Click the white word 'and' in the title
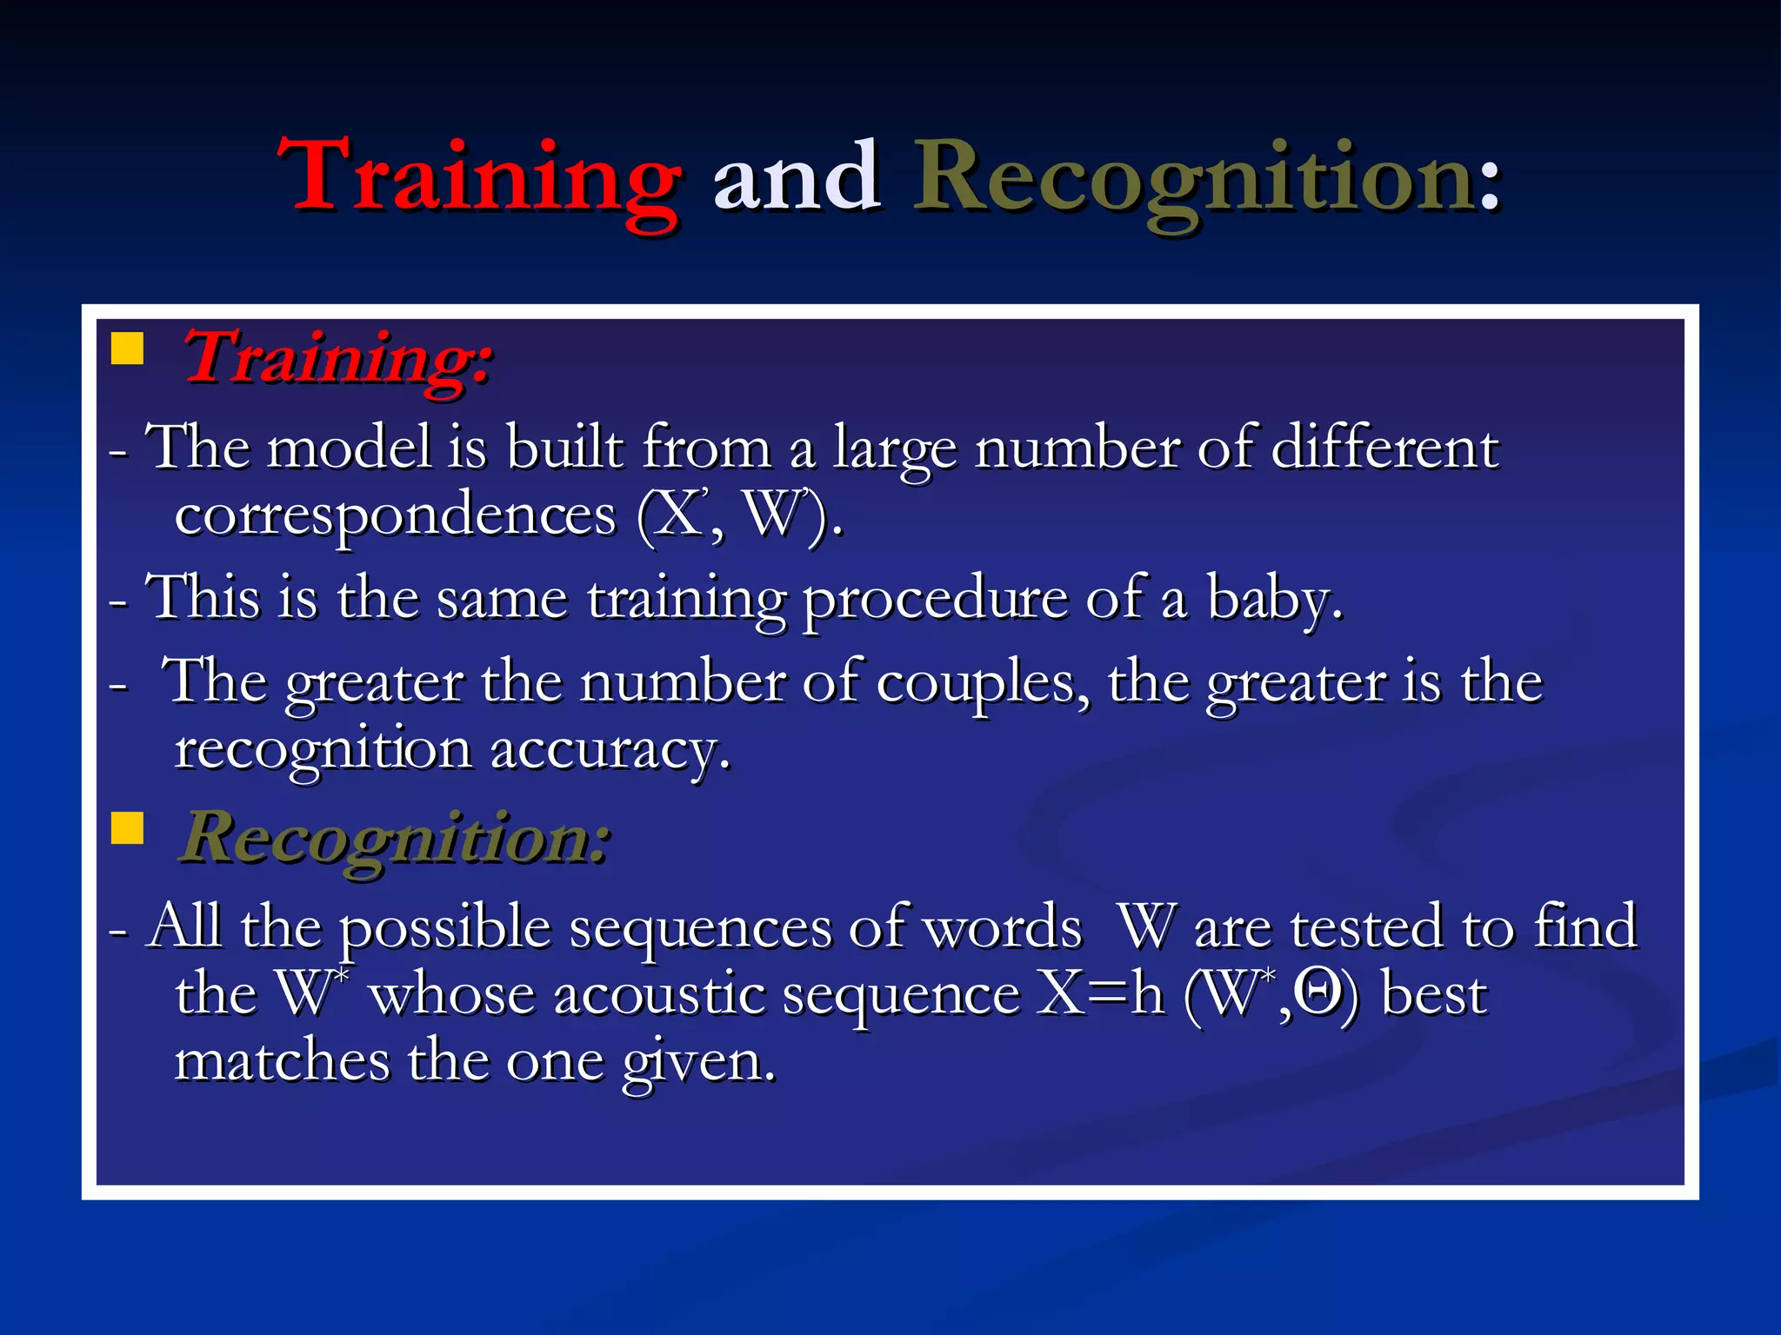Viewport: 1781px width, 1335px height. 795,178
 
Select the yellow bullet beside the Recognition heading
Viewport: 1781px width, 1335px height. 127,828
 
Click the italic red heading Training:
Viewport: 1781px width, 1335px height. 337,359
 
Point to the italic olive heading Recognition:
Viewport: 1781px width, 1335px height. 394,840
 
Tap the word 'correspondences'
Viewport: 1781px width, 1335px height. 395,516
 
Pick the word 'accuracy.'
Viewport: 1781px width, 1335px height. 610,750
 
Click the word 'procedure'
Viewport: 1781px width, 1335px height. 934,600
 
